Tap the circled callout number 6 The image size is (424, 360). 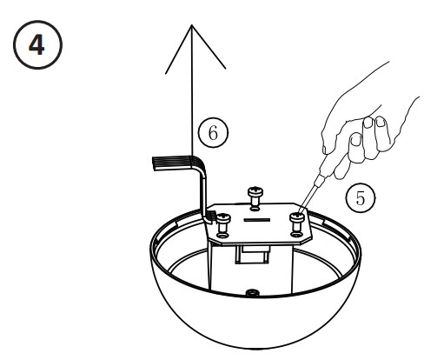[211, 133]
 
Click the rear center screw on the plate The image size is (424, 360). [255, 194]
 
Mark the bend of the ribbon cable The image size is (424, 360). [202, 165]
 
